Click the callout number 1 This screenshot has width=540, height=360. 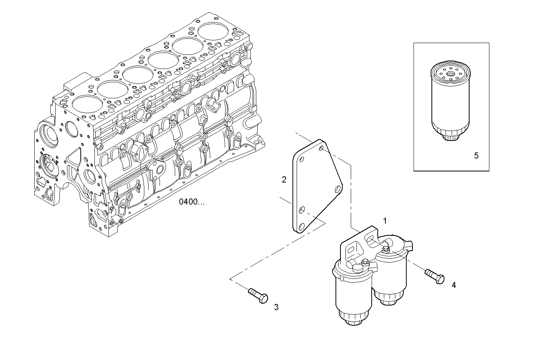point(385,221)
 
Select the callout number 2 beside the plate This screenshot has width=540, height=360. point(284,180)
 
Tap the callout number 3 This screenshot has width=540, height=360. point(276,307)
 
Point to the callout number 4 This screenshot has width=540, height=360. point(454,285)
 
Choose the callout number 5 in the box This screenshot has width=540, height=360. point(476,155)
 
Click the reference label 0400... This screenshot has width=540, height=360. point(192,202)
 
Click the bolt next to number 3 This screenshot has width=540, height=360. point(258,296)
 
